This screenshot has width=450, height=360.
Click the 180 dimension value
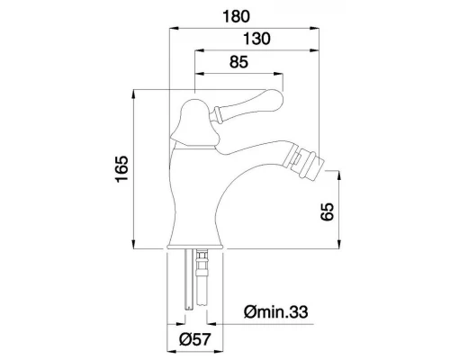[236, 16]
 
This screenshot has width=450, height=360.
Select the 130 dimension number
[256, 39]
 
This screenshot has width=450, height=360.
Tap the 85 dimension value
[239, 62]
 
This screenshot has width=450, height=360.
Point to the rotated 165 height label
[121, 168]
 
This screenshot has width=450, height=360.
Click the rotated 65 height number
[327, 211]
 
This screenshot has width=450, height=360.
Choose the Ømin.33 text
[276, 311]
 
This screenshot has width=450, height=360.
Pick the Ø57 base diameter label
[195, 339]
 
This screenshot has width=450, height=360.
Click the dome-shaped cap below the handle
[195, 124]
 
